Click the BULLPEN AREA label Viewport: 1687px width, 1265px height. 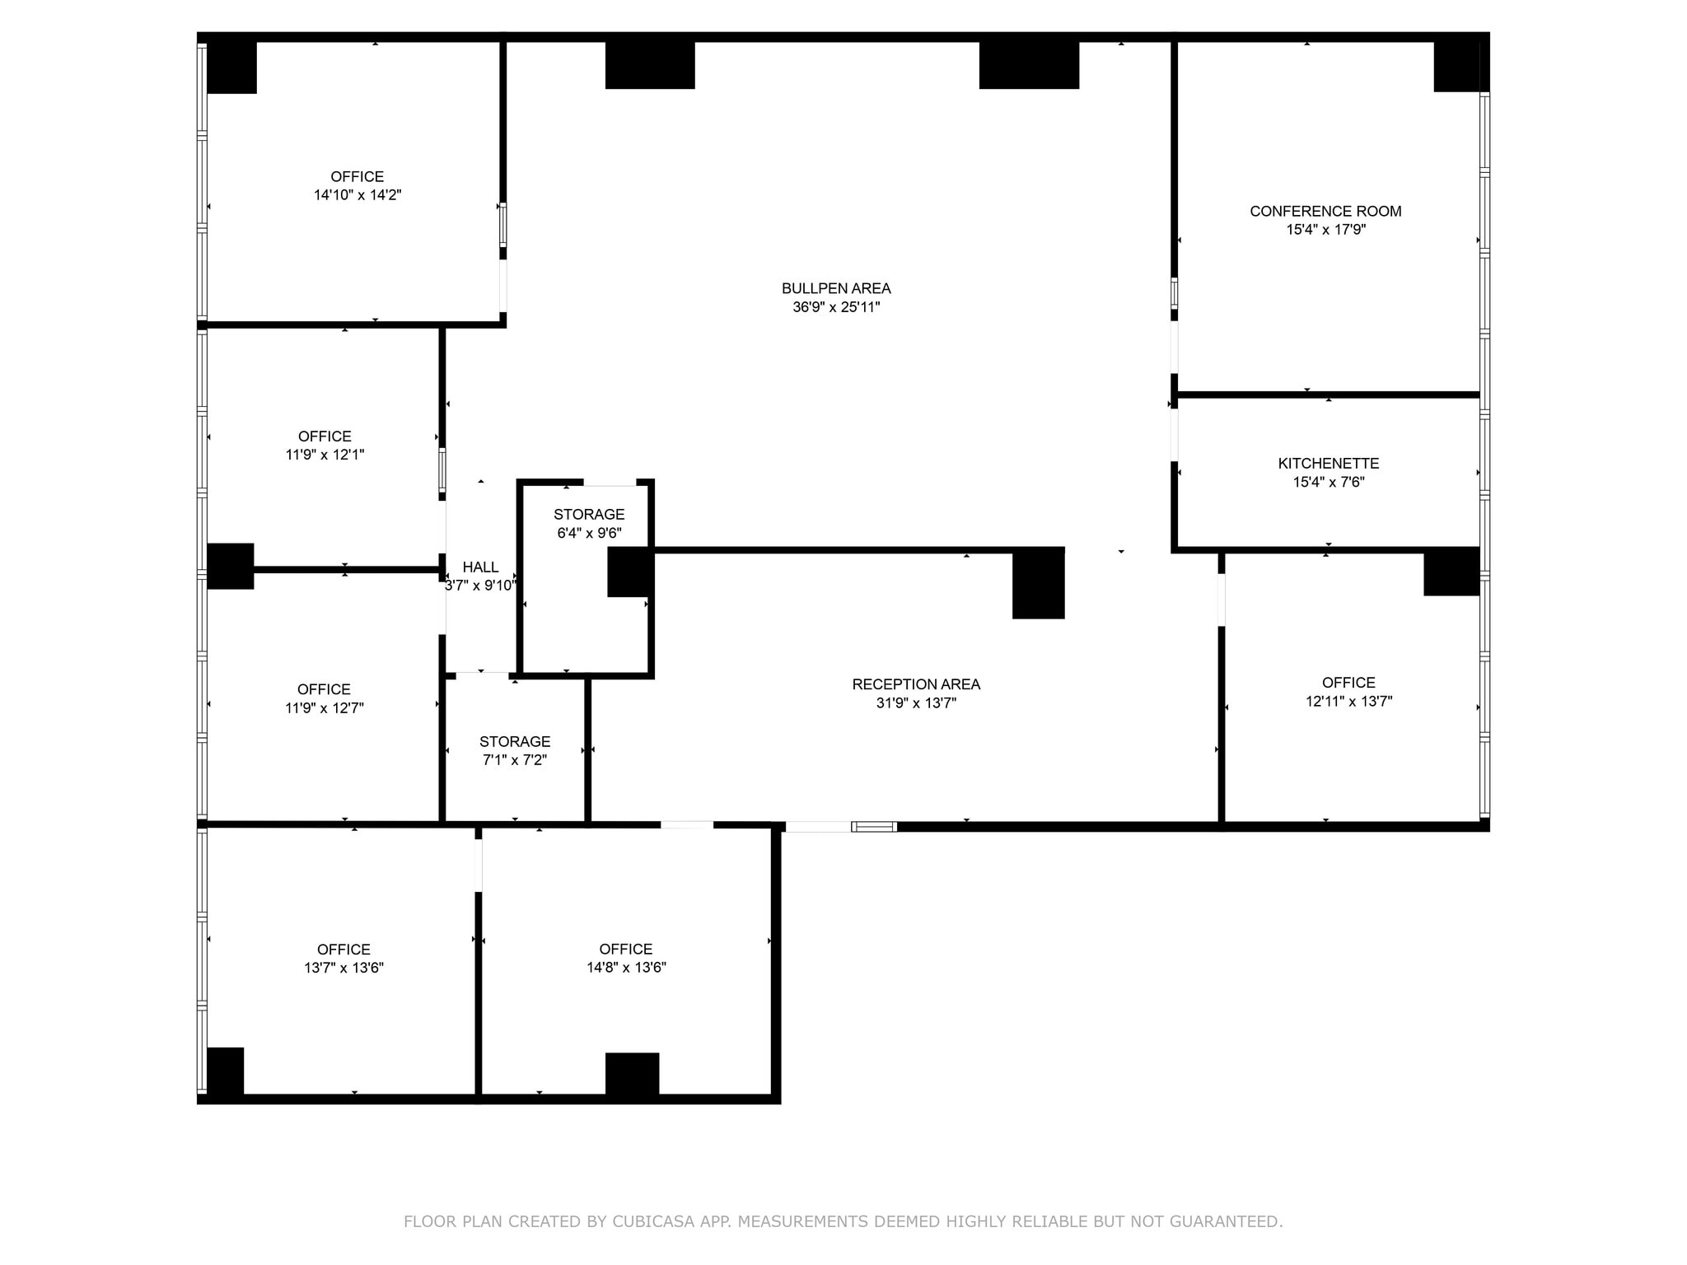click(836, 288)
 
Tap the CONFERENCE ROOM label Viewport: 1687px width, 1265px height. click(1325, 211)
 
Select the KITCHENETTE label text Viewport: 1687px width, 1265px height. click(1328, 464)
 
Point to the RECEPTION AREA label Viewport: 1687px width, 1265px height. click(916, 684)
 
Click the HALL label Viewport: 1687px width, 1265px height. click(480, 567)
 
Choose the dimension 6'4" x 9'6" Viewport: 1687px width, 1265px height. click(589, 533)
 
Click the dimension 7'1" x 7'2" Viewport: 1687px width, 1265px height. click(515, 760)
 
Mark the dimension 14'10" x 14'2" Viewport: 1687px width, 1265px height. click(357, 195)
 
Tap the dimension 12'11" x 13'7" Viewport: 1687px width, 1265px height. click(1348, 702)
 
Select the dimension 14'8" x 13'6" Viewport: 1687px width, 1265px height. click(626, 968)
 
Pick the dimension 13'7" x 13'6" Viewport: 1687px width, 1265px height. click(343, 968)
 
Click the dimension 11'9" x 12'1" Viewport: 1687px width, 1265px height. click(325, 455)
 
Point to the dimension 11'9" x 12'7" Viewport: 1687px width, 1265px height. click(325, 707)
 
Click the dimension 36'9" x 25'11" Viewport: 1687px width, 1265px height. click(836, 307)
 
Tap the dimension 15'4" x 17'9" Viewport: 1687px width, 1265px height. click(1325, 230)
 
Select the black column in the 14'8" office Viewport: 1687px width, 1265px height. click(632, 1074)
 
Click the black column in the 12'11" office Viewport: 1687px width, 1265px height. click(1451, 571)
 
